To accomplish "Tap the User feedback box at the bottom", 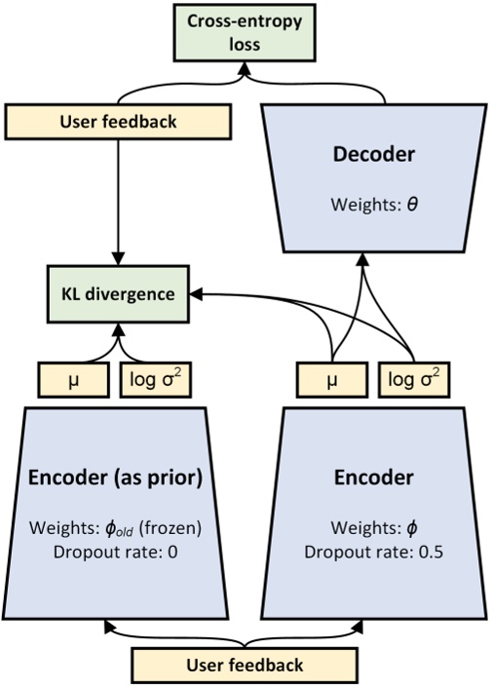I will pos(245,666).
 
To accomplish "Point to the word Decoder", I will pos(361,155).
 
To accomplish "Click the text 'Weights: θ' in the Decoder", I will pos(361,208).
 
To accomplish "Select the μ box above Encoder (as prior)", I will pos(74,378).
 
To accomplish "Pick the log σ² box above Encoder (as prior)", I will pos(154,378).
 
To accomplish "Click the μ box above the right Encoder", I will pos(332,378).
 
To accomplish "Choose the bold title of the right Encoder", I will pos(375,478).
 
